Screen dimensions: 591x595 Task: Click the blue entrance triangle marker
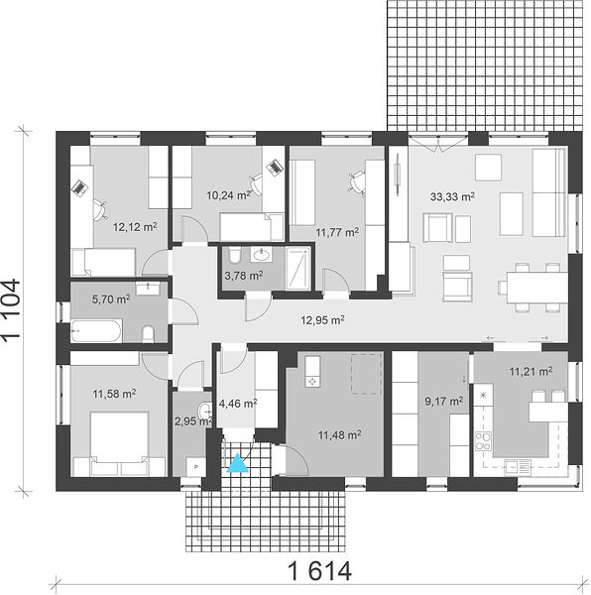click(x=237, y=463)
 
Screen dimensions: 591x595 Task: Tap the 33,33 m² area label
click(x=452, y=196)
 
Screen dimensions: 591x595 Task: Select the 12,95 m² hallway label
click(x=323, y=320)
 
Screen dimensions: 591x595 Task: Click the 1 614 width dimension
click(x=319, y=572)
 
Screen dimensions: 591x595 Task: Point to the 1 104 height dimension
click(x=11, y=309)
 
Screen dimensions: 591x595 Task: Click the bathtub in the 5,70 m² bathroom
click(x=96, y=330)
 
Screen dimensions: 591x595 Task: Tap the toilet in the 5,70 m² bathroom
click(x=148, y=333)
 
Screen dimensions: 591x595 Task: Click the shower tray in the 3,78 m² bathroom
click(x=297, y=269)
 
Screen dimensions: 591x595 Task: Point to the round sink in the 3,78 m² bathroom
click(x=261, y=255)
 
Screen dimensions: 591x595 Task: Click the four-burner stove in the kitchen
click(x=483, y=441)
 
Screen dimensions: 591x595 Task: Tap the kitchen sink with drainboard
click(x=518, y=466)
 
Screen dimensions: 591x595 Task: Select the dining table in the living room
click(x=536, y=288)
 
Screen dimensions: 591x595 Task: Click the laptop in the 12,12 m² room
click(x=80, y=188)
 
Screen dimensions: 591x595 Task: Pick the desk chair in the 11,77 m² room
click(x=357, y=183)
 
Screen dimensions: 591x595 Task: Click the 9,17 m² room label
click(x=444, y=401)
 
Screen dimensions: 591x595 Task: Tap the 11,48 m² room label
click(x=339, y=435)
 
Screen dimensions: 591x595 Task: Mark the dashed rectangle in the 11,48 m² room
click(x=366, y=374)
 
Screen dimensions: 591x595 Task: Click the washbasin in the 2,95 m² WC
click(x=205, y=410)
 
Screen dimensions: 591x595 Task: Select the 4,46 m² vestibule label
click(x=238, y=403)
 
